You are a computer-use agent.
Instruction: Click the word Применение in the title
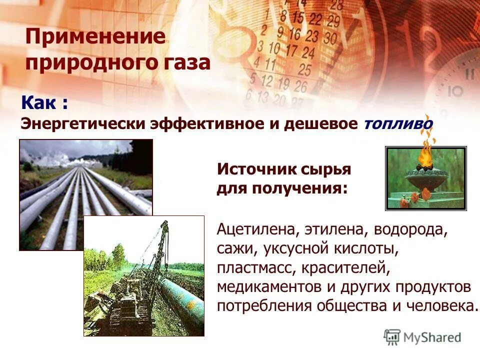[95, 38]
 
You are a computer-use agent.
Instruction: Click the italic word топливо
[398, 123]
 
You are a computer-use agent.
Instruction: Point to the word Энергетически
[82, 123]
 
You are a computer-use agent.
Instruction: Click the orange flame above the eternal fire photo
[425, 152]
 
